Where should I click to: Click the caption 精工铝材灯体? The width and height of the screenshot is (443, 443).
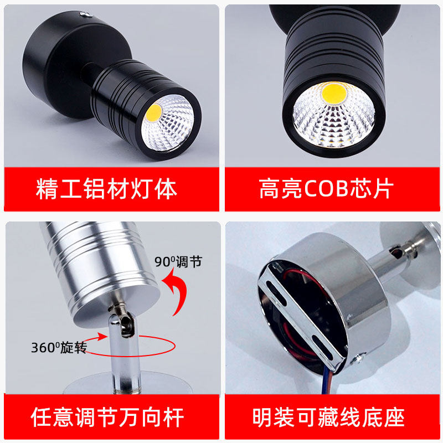coord(106,189)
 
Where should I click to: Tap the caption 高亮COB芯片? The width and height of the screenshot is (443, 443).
coord(326,189)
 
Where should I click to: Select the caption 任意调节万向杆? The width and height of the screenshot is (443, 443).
coord(107,416)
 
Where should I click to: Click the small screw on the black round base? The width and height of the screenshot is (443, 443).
coord(83,14)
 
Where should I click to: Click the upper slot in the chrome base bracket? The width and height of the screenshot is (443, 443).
coord(280,294)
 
